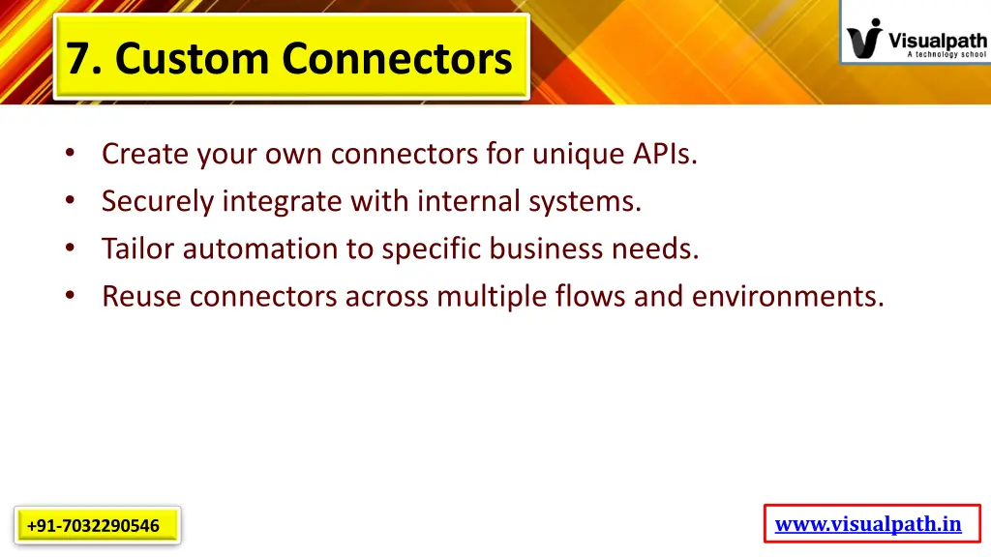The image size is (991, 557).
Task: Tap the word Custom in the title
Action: pyautogui.click(x=194, y=59)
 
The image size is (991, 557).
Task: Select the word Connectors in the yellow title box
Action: pyautogui.click(x=398, y=59)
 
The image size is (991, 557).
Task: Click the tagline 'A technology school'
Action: pyautogui.click(x=946, y=55)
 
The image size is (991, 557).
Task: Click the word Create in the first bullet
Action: pyautogui.click(x=145, y=154)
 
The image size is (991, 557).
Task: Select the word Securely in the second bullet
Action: pyautogui.click(x=157, y=201)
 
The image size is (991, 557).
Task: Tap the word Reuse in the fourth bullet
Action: pyautogui.click(x=141, y=296)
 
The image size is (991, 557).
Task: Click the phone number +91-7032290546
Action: pyautogui.click(x=94, y=526)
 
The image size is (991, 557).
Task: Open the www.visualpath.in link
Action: pyautogui.click(x=868, y=524)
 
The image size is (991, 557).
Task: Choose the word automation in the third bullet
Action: pyautogui.click(x=261, y=249)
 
